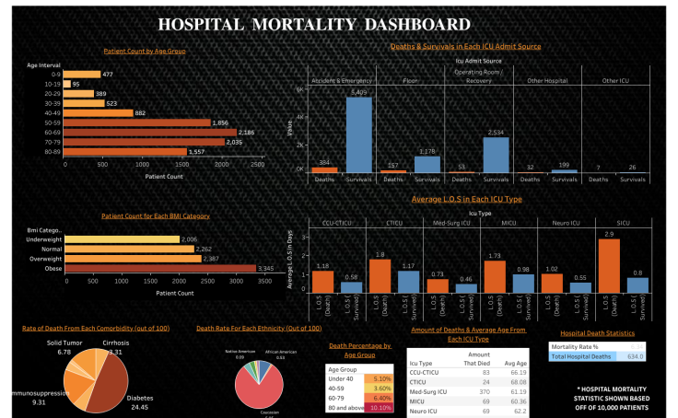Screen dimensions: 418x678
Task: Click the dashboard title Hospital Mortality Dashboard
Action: point(339,24)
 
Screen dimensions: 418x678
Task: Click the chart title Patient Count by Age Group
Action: point(144,51)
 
